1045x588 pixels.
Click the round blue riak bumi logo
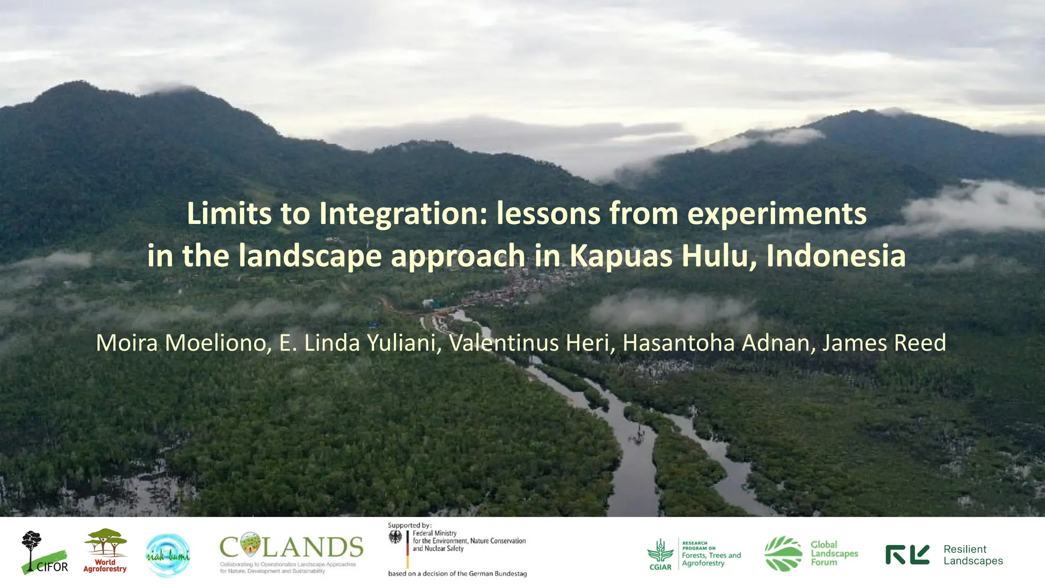(x=168, y=555)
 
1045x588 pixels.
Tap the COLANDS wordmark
(x=291, y=547)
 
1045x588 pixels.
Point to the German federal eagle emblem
(x=395, y=537)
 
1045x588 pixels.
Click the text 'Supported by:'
(x=410, y=525)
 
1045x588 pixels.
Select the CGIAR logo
(x=660, y=554)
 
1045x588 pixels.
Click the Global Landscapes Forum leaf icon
(x=783, y=554)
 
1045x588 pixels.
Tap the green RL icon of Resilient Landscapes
(x=907, y=555)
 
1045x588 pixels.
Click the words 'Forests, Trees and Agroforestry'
(x=711, y=559)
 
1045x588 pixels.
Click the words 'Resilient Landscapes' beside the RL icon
(x=973, y=555)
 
